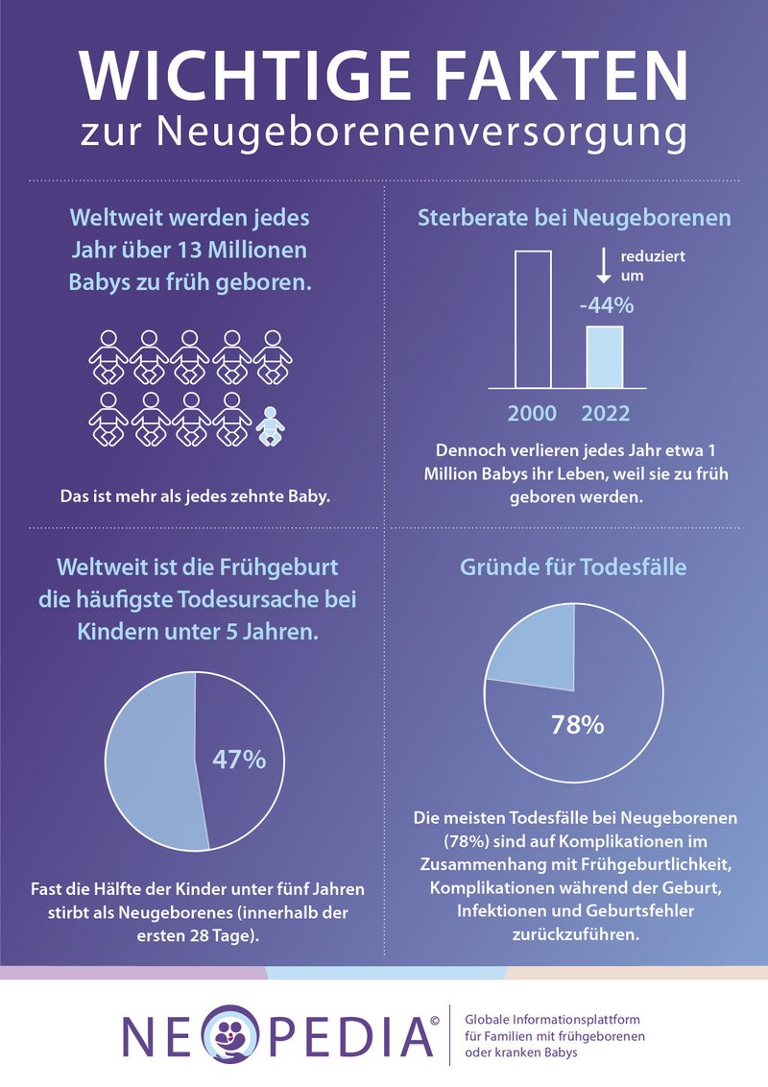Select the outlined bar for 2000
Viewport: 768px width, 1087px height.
tap(533, 317)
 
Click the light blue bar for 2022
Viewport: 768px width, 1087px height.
tap(604, 355)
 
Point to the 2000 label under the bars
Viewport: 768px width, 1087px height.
tap(533, 414)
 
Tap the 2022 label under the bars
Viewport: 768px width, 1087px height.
tap(606, 414)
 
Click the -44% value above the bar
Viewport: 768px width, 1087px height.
tap(606, 306)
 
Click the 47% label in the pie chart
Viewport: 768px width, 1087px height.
tap(238, 759)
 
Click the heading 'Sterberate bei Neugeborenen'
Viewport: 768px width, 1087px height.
tap(574, 218)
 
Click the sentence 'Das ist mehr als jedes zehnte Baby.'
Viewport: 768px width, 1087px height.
tap(190, 496)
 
